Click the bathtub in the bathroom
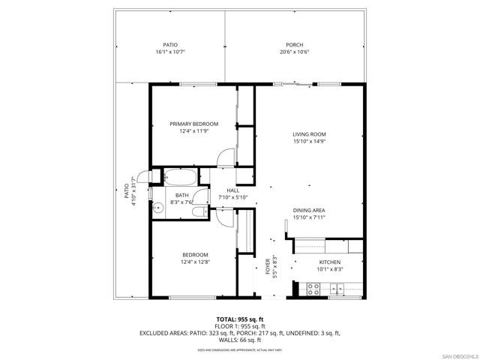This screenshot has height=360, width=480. [180, 178]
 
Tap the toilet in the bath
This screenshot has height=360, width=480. [198, 212]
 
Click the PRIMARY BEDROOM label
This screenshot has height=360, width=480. [193, 124]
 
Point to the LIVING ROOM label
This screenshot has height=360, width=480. [309, 134]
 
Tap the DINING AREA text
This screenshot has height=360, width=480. [309, 210]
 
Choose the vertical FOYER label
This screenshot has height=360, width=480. [268, 268]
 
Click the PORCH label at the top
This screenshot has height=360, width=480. [294, 45]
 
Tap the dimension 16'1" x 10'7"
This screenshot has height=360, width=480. [170, 52]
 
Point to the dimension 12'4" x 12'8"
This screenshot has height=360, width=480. [193, 262]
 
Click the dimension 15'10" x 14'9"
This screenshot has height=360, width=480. [309, 142]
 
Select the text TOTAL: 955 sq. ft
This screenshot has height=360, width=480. [240, 319]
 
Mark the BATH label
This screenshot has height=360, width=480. [182, 195]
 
